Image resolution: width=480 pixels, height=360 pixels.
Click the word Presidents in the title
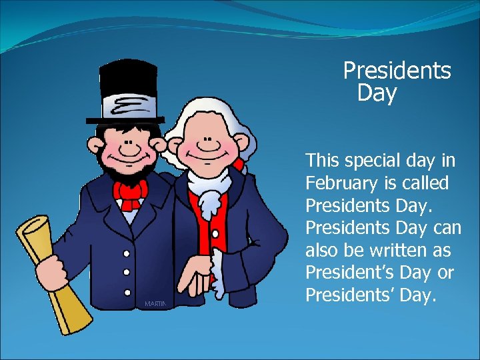[x=397, y=71]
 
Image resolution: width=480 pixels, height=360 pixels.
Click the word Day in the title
[x=377, y=93]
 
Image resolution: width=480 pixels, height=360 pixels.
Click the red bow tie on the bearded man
[x=131, y=194]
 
